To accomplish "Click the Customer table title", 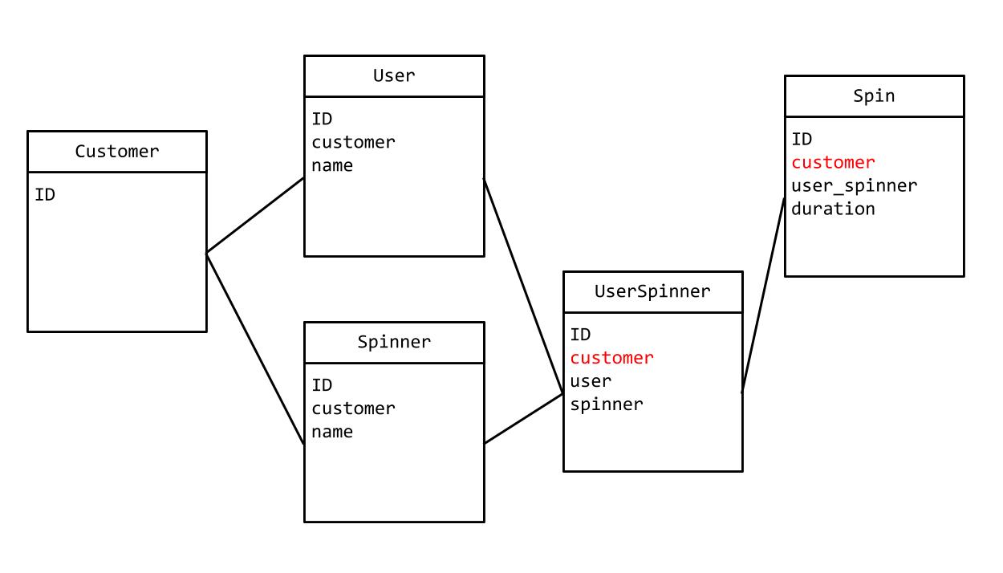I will pos(117,151).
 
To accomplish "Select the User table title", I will pos(394,75).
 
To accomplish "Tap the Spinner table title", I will pos(394,342).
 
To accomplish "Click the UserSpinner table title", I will pos(652,291).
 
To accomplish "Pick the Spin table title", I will pos(874,95).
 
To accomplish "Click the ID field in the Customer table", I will pos(45,194).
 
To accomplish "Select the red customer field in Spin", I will pos(833,162).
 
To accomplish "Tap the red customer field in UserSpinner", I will pos(611,358).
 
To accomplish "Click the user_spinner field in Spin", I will pos(854,185).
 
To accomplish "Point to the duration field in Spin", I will pos(833,209).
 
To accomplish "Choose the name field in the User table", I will pos(332,165).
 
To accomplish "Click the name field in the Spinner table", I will pos(332,432).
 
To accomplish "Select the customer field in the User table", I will pos(353,142).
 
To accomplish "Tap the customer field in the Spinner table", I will pos(353,408).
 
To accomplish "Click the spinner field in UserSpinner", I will pos(606,404).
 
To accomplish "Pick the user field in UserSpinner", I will pos(591,381).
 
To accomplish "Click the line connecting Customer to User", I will pos(255,215).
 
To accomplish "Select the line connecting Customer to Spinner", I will pos(255,348).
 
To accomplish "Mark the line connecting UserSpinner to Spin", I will pos(762,295).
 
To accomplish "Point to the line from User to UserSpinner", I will pos(523,286).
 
